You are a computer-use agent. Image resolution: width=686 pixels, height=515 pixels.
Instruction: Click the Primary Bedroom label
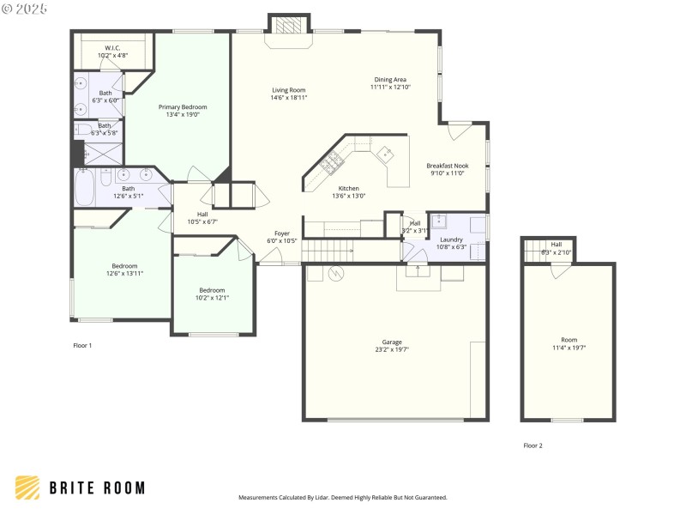coord(182,107)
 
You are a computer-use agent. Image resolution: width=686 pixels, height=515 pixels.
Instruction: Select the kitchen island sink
coord(386,154)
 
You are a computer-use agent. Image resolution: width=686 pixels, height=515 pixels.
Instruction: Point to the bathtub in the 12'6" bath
coord(84,189)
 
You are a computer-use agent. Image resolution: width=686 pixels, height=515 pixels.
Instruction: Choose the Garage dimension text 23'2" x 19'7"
coord(392,349)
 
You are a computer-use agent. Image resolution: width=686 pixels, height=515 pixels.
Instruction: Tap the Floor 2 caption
coord(533,445)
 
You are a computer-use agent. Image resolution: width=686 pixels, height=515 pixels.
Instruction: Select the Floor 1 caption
coord(81,345)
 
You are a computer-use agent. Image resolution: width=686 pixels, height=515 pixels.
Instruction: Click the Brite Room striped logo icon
coord(27,488)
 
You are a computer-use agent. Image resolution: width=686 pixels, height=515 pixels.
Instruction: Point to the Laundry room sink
coord(438,221)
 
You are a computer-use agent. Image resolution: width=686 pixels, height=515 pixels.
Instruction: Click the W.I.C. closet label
coord(113,48)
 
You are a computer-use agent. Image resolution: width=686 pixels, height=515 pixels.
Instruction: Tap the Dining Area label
coord(390,80)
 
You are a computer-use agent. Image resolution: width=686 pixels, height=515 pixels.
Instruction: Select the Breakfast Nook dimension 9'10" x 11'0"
coord(447,173)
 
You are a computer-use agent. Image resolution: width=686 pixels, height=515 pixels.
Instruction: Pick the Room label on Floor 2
coord(569,340)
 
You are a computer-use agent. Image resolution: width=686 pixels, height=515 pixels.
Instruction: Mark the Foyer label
coord(281,233)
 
